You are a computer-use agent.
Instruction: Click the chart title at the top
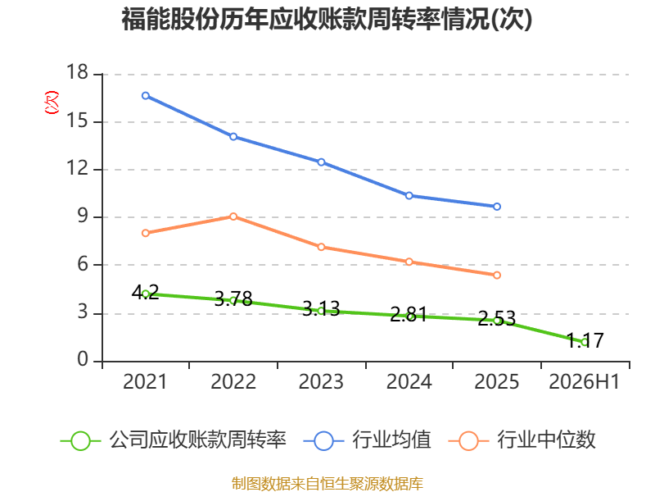coord(327,20)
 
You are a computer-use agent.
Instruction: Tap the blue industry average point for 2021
coord(146,96)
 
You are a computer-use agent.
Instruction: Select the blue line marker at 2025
coord(497,207)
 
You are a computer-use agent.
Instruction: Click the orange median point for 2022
coord(233,216)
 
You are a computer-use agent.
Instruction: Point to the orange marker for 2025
coord(497,276)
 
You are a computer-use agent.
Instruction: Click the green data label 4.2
coord(146,292)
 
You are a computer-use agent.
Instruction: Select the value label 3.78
coord(233,298)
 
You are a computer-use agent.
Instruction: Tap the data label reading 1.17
coord(585,340)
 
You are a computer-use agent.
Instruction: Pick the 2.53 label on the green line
coord(497,319)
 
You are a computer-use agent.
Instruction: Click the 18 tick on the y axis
coord(77,72)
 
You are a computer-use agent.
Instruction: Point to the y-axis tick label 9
coord(84,216)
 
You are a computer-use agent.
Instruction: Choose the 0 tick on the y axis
coord(84,360)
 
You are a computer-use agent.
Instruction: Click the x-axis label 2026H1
coord(584,381)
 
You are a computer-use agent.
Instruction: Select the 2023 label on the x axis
coord(321,381)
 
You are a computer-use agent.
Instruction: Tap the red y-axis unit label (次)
coord(52,102)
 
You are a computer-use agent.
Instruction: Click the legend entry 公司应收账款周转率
coord(174,440)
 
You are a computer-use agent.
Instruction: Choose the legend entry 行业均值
coord(367,440)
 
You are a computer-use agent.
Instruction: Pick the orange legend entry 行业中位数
coord(522,440)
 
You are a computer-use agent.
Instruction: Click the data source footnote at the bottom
coord(327,484)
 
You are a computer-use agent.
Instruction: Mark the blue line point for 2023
coord(321,162)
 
